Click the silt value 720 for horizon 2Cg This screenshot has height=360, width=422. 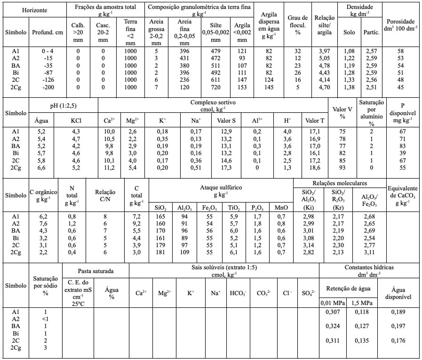[215, 87]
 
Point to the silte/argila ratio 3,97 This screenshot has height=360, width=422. [324, 50]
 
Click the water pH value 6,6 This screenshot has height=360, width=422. [41, 168]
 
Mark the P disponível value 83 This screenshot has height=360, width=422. [402, 146]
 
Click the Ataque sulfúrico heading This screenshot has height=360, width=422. [221, 190]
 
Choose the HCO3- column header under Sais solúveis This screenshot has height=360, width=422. [238, 293]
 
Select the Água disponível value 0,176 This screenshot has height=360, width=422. [401, 341]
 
